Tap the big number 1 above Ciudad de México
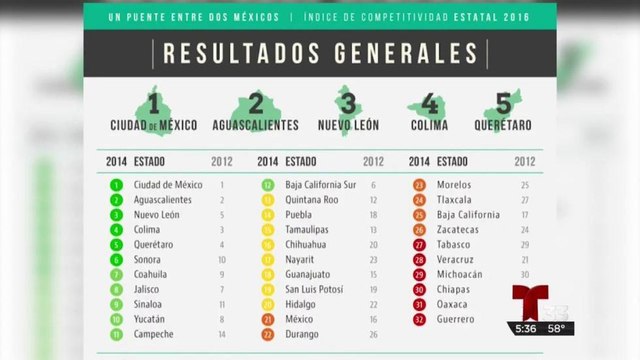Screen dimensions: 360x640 (153, 103)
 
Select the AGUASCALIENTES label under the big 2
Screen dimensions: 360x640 (255, 125)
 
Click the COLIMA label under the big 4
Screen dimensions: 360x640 (428, 125)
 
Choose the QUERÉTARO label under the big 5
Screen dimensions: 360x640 (503, 125)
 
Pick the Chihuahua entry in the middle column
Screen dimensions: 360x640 (307, 244)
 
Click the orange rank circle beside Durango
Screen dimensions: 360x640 (268, 333)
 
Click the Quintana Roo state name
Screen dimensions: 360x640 (313, 200)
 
